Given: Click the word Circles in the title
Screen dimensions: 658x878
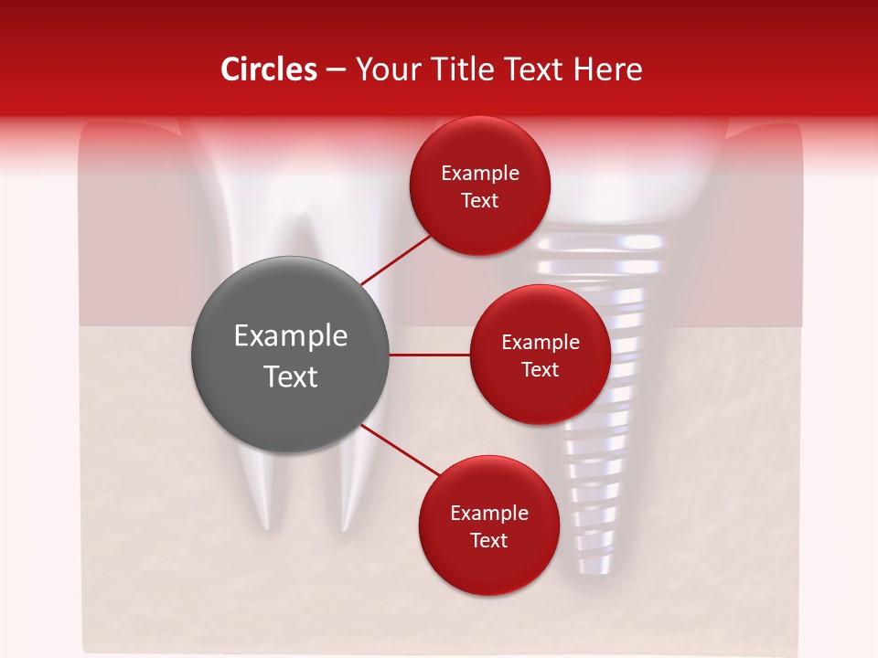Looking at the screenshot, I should point(269,69).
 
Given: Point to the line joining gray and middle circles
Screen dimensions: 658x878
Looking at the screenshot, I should point(429,355).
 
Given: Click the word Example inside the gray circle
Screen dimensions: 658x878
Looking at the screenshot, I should point(290,336).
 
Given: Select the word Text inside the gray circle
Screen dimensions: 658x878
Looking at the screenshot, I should point(290,377).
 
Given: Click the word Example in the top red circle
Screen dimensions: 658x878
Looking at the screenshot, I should point(480,174).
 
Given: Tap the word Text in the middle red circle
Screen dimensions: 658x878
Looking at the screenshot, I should point(540,370).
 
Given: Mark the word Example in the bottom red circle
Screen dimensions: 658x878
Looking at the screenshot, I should point(488,514).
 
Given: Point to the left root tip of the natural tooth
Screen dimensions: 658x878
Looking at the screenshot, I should point(265,525).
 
